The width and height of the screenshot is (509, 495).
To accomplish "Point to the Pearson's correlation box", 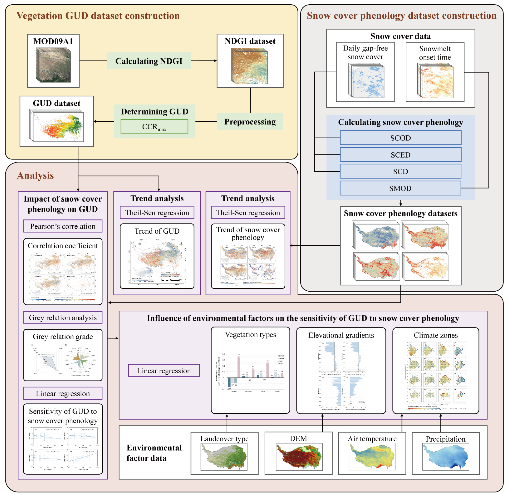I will [x=63, y=226].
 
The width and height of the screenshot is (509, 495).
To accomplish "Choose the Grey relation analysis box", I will [x=63, y=317].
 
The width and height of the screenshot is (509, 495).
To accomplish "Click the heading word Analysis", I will [x=35, y=175].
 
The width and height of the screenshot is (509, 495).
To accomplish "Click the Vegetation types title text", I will [x=250, y=335].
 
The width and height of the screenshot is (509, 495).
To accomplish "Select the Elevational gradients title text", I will [x=341, y=335].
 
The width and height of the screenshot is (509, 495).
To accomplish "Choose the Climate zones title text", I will [x=436, y=335].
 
